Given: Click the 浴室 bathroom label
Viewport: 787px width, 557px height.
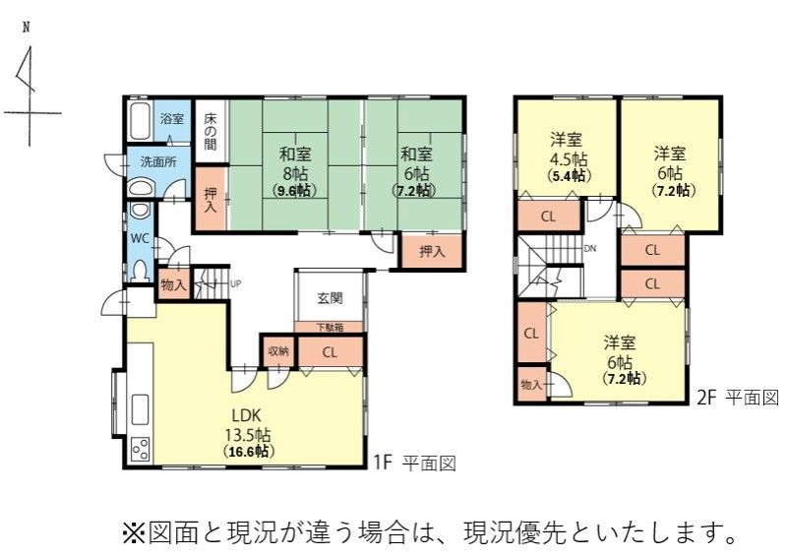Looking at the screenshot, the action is pos(172,119).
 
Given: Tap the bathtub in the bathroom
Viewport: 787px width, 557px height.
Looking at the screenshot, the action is pos(140,121).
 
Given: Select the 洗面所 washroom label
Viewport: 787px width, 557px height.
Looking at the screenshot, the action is pos(158,162).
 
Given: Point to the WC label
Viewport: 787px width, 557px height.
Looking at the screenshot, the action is pos(140,238).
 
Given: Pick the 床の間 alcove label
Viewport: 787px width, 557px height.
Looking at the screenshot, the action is pos(211,132).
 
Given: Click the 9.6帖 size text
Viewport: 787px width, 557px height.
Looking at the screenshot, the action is pos(294,191).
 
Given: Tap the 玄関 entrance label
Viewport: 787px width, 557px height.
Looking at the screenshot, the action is pos(331,298).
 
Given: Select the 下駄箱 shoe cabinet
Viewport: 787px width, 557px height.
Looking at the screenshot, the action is pos(330,328).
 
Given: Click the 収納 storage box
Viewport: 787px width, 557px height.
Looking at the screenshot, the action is pos(278,351).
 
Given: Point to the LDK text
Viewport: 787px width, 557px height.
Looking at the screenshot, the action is pos(247,415).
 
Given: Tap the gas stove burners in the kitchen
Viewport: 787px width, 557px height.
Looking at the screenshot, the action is pos(140,449).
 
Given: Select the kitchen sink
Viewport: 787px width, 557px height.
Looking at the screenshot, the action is pos(140,408).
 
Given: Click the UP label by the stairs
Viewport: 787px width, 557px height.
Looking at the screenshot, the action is pos(235,283).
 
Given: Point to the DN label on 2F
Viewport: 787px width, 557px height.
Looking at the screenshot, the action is pos(590,249).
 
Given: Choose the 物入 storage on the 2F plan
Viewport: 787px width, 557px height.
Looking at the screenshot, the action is pos(532,385).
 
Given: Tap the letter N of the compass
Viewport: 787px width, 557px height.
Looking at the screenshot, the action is pos(26,28).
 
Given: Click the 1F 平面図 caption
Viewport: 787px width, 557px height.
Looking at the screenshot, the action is pos(414,463).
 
